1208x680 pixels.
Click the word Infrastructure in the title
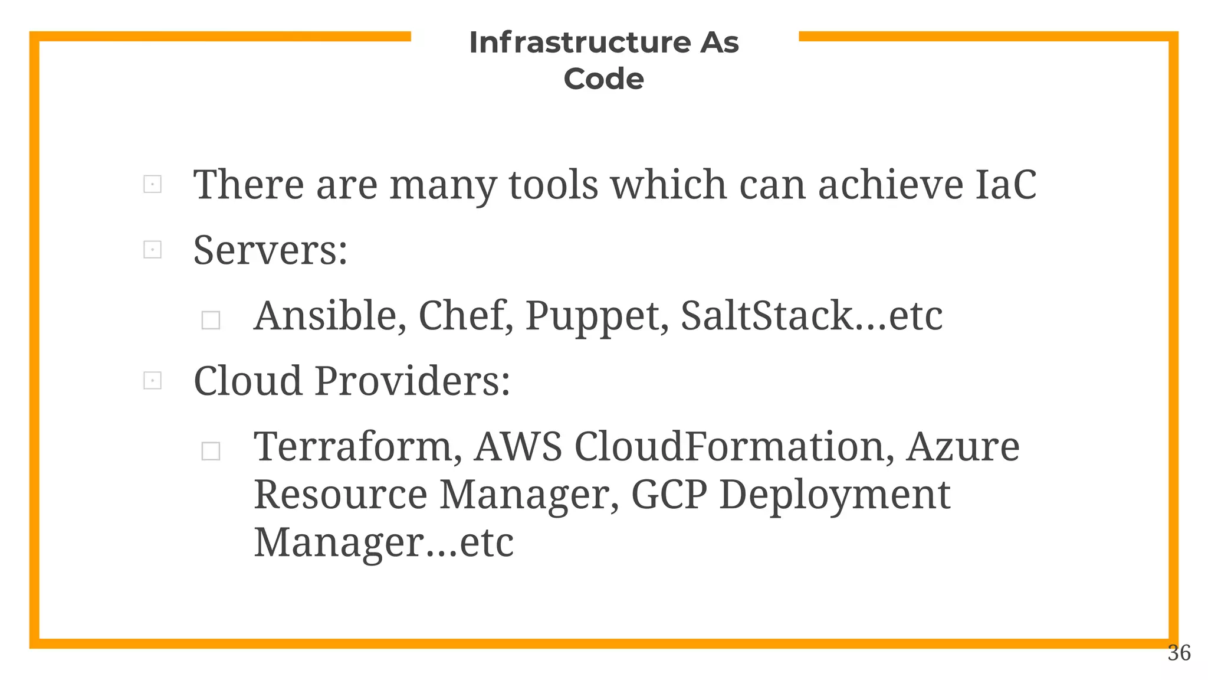(x=579, y=42)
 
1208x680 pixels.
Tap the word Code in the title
(x=603, y=79)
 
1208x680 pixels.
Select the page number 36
(x=1179, y=653)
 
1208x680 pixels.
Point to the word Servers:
(x=270, y=250)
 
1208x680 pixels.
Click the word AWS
(x=518, y=446)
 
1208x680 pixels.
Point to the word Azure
(x=963, y=446)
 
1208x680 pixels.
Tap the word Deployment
(x=835, y=495)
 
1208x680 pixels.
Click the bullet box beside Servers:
(x=152, y=250)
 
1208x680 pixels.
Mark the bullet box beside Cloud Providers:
(x=152, y=381)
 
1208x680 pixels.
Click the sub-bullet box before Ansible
(x=211, y=321)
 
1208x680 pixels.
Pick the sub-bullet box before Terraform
(x=211, y=452)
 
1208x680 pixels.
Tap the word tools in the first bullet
(x=553, y=185)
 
